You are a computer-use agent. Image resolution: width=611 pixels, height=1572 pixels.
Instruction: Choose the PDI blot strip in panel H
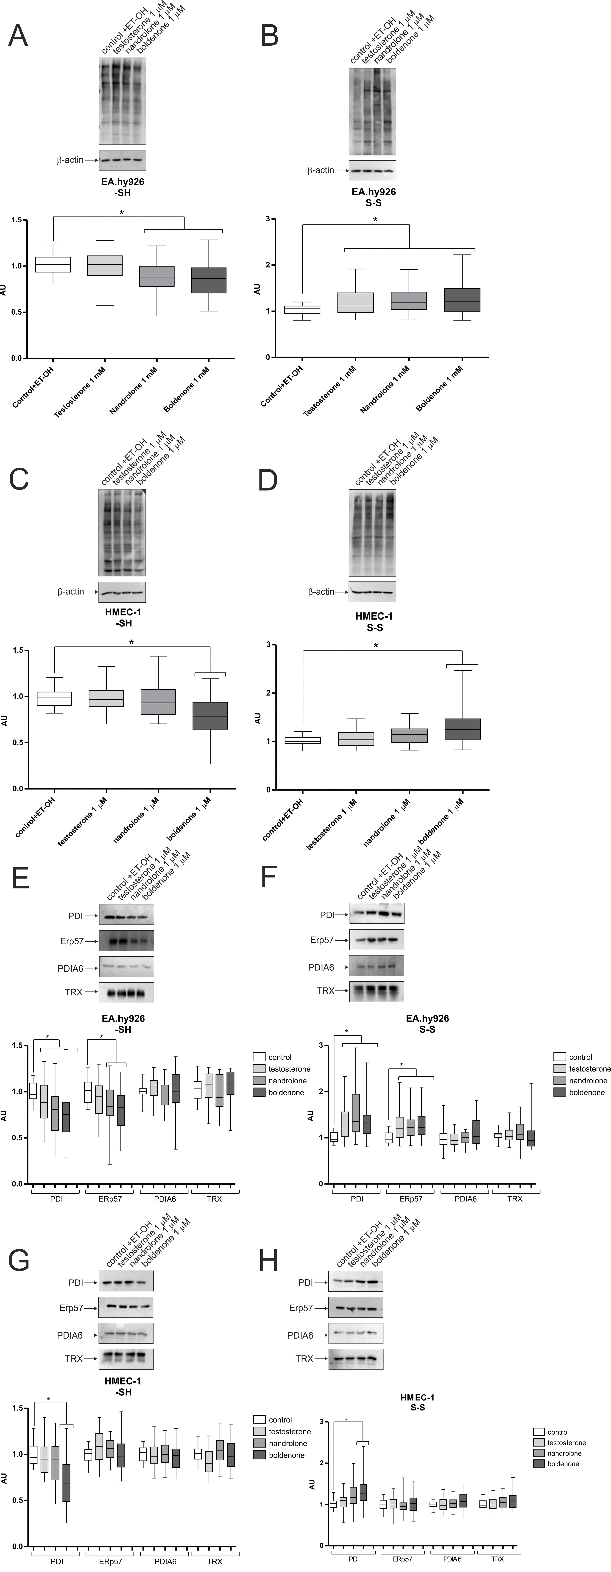pyautogui.click(x=356, y=1282)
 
